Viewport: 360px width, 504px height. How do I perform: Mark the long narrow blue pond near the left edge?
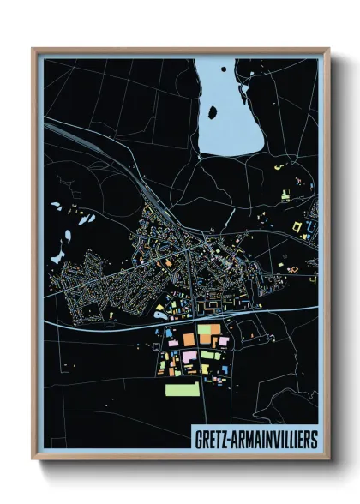[x=58, y=249]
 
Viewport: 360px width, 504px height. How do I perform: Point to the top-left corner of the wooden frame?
[x=33, y=50]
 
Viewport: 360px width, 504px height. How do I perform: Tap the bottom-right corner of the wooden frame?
[x=328, y=460]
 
